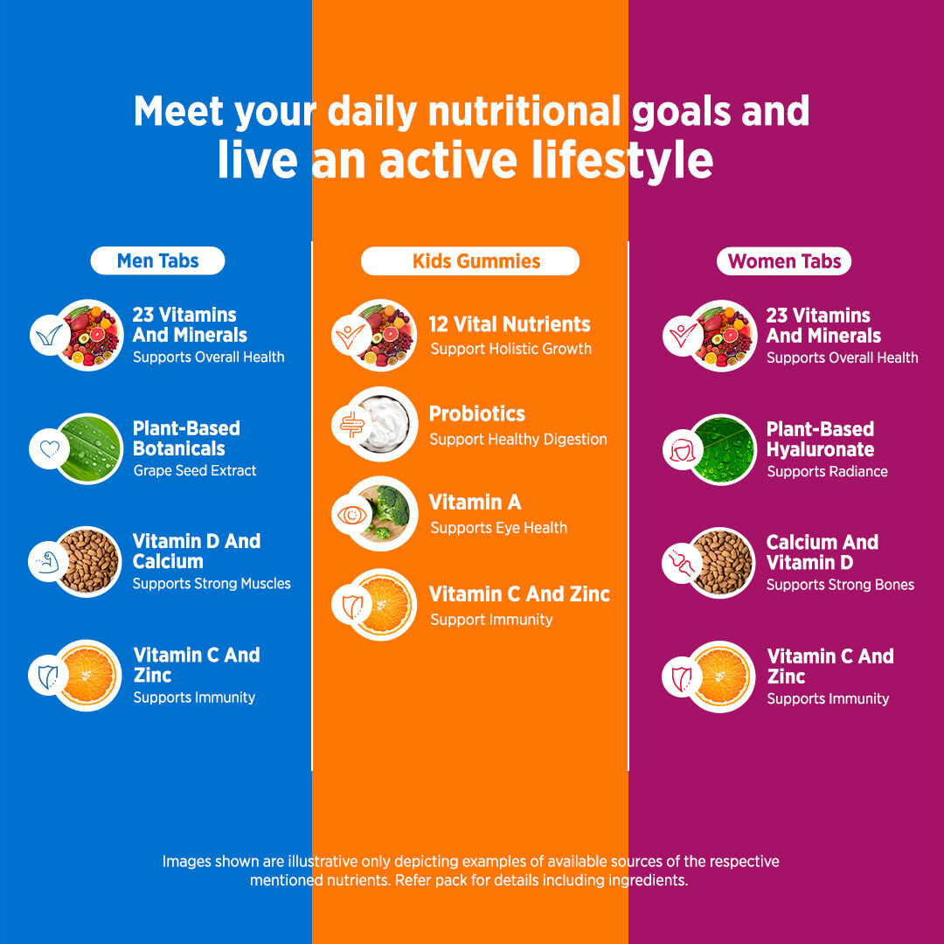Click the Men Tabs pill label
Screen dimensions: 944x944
[x=157, y=260]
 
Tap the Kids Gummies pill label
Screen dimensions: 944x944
[x=470, y=261]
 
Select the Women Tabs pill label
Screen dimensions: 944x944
[x=784, y=261]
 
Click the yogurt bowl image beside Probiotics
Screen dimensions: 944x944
[x=384, y=424]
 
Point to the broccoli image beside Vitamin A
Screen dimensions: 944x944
[x=385, y=514]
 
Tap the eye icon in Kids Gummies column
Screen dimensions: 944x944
[x=352, y=516]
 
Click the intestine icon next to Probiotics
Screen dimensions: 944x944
[x=352, y=425]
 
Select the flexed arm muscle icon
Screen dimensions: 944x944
[x=49, y=562]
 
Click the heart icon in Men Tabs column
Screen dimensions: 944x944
[x=50, y=448]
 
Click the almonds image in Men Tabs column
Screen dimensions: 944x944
[x=89, y=562]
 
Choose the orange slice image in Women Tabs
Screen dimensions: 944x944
[x=722, y=677]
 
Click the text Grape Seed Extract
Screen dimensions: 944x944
[x=194, y=470]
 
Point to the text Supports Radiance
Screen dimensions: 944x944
[x=827, y=471]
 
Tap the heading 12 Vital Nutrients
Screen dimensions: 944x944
[x=510, y=324]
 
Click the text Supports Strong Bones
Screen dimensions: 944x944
[x=841, y=585]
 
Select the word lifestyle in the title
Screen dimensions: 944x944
[x=622, y=160]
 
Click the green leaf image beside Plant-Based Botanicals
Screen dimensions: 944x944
[x=90, y=448]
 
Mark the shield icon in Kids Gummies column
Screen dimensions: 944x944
[x=352, y=606]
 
